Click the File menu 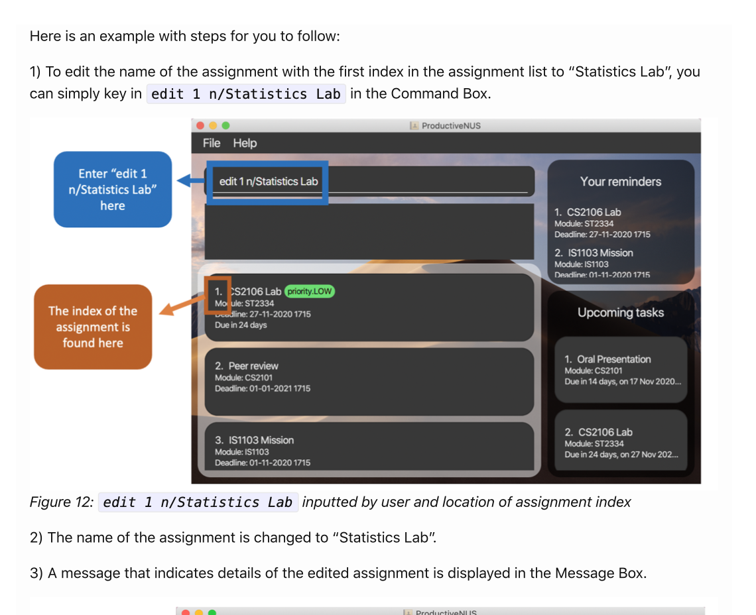[212, 143]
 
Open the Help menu [245, 143]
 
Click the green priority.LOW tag [310, 292]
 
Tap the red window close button [200, 125]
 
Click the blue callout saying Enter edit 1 [113, 190]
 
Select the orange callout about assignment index [93, 327]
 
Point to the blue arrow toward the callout [190, 181]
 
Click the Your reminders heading [621, 182]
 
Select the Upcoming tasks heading [621, 313]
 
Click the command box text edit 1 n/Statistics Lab [269, 182]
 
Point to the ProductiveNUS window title [450, 125]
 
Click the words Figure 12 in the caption [61, 502]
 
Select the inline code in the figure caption [198, 502]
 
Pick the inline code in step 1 [245, 94]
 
